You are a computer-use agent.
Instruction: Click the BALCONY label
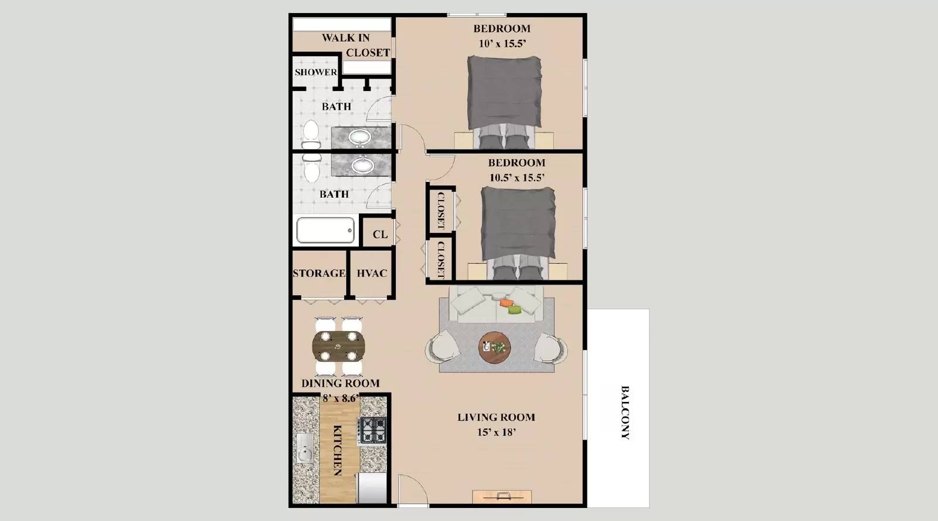625,412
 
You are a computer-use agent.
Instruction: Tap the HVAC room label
372,273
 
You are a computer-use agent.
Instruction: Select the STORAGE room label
319,273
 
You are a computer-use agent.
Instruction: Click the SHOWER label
316,72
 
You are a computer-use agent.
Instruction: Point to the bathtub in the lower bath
325,230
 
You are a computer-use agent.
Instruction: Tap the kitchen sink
304,448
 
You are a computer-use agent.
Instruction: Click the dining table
338,346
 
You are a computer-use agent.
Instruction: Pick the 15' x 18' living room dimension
496,433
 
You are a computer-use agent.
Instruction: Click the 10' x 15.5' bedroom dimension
502,43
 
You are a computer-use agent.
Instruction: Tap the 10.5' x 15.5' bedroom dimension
517,178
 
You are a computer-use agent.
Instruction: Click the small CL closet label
380,235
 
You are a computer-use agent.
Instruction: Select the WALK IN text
346,38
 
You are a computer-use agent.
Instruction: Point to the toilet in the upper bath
311,134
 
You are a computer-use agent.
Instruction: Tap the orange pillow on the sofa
505,303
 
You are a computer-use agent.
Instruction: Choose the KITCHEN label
338,450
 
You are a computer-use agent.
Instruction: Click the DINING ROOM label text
341,383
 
